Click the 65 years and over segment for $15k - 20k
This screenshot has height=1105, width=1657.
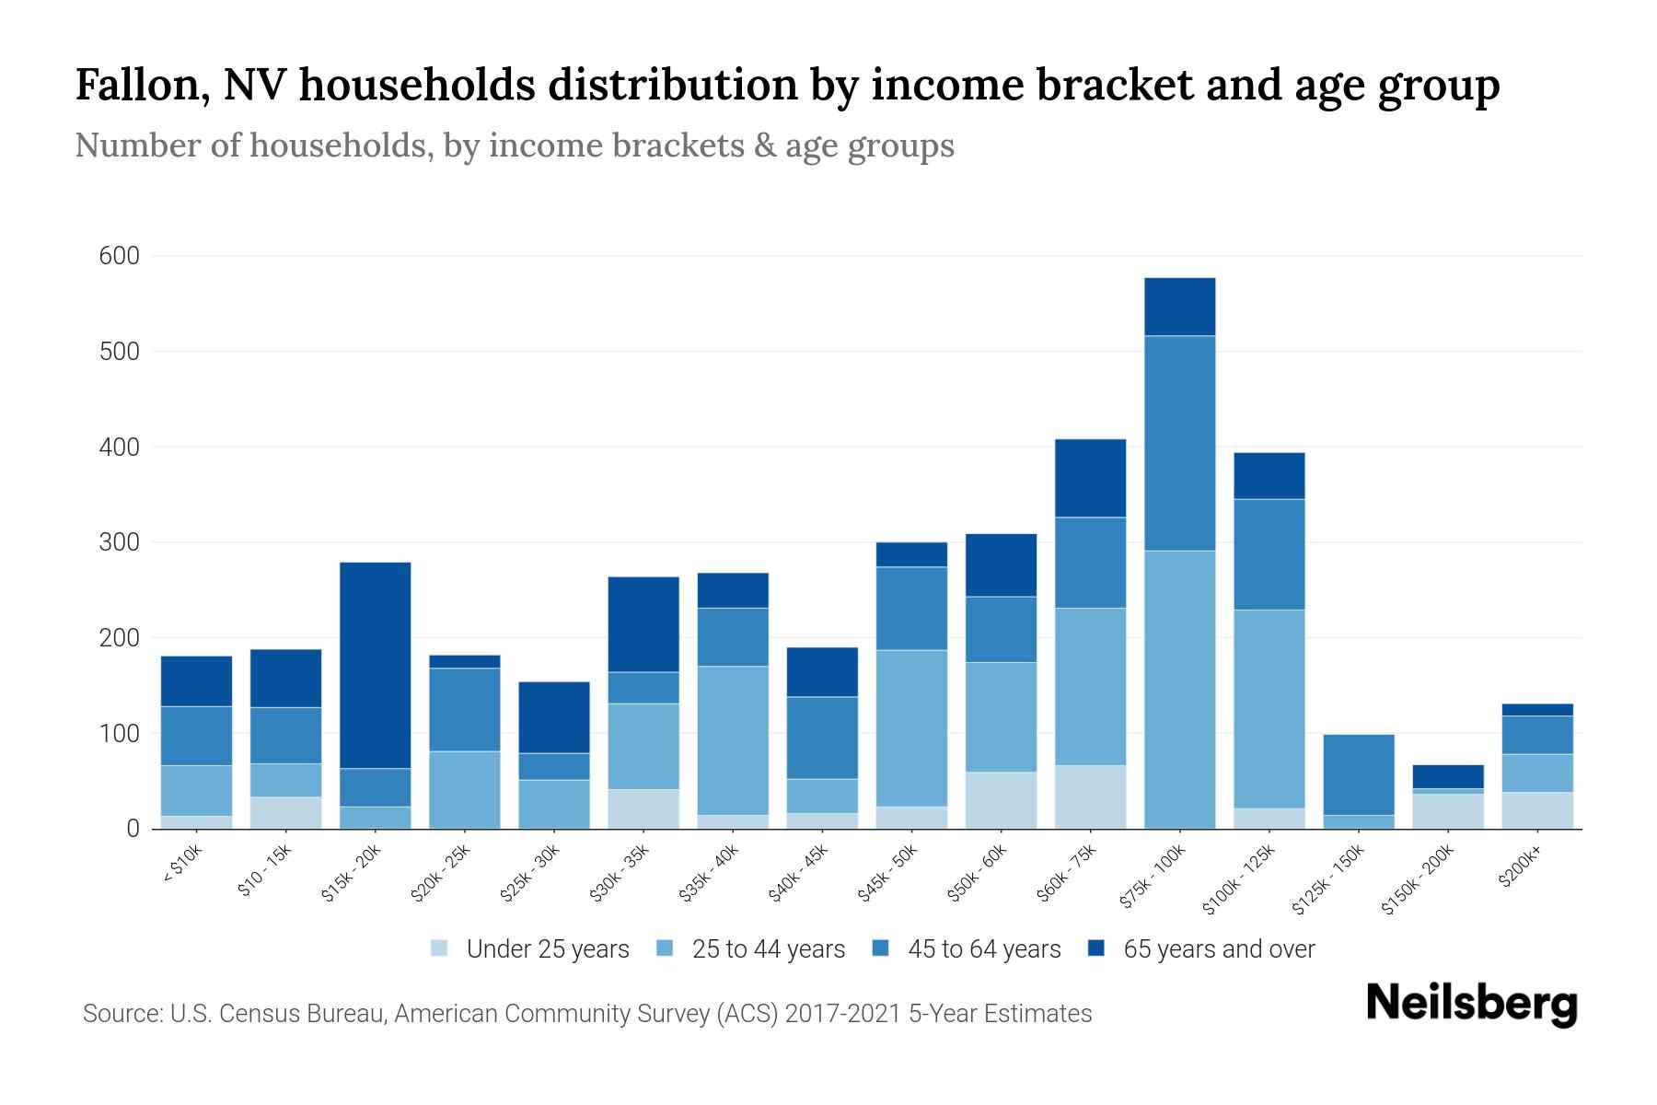376,665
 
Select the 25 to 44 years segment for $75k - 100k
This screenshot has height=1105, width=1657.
1179,690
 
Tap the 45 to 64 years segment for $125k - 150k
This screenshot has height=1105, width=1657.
1359,774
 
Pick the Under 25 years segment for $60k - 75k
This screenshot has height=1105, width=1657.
1090,797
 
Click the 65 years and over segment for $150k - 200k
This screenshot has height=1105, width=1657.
1448,776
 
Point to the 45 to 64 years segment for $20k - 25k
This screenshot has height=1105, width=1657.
465,709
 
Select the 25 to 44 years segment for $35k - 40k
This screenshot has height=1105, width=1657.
733,739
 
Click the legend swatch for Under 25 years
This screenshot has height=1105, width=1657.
439,948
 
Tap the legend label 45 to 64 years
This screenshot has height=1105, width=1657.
983,948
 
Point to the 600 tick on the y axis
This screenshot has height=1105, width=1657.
119,256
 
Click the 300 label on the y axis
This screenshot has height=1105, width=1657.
119,542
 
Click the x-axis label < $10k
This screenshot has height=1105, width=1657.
181,867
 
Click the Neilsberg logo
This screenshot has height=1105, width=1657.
1471,1003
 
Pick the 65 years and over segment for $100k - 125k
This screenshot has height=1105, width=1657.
1269,475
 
